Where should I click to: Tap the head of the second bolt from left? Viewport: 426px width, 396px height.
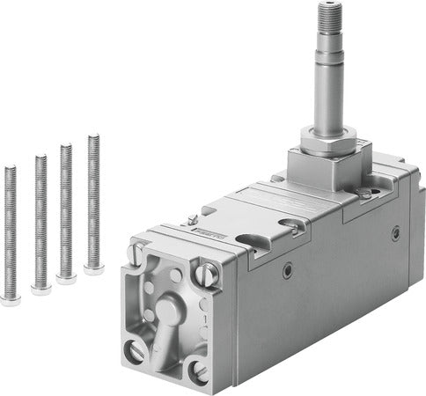(x=40, y=288)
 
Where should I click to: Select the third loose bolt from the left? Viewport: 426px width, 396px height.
(x=66, y=211)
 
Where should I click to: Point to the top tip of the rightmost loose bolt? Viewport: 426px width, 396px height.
(x=93, y=136)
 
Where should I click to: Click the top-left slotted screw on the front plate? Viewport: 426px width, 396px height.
(x=135, y=255)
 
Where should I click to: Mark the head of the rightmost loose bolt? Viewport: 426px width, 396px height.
(x=93, y=268)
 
